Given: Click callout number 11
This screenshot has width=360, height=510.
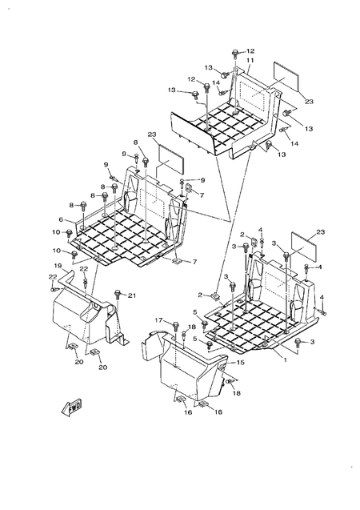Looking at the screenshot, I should click(250, 61).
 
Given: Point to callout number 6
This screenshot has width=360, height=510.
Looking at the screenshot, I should click(60, 219).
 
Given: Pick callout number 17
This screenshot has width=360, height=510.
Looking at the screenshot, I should click(158, 320).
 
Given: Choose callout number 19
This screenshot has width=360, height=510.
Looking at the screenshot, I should click(58, 265).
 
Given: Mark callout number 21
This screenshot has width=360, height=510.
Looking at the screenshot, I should click(133, 295).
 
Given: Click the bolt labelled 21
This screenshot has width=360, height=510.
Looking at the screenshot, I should click(118, 295).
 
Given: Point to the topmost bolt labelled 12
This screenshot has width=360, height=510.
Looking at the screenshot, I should click(236, 53).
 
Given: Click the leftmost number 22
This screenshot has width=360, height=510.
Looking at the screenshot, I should click(54, 276).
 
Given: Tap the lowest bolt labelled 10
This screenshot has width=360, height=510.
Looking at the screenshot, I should click(74, 255).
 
